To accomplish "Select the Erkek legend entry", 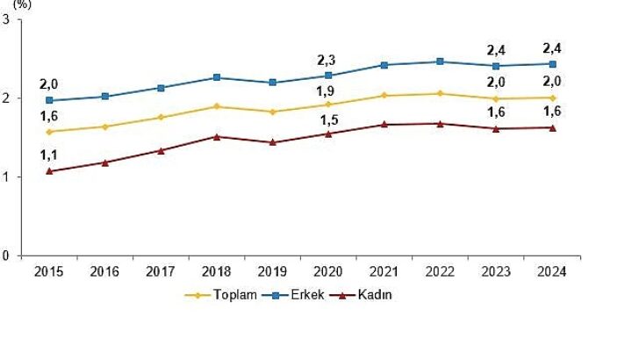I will (x=295, y=295).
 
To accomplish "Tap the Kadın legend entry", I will (x=363, y=295).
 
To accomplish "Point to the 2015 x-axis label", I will (x=49, y=272).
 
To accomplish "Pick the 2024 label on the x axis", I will (x=552, y=272).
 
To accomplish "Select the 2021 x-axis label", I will (x=384, y=272).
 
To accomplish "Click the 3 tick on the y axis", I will (x=7, y=19).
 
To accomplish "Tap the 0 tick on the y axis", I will (x=7, y=256).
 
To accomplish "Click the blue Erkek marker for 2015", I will (x=49, y=100).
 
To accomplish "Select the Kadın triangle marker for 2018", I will (x=217, y=136).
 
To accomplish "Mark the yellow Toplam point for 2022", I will (x=440, y=93).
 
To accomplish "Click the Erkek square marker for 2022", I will (x=440, y=61).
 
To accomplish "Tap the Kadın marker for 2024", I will (x=552, y=127).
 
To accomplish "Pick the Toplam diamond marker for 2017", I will (x=161, y=118).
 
